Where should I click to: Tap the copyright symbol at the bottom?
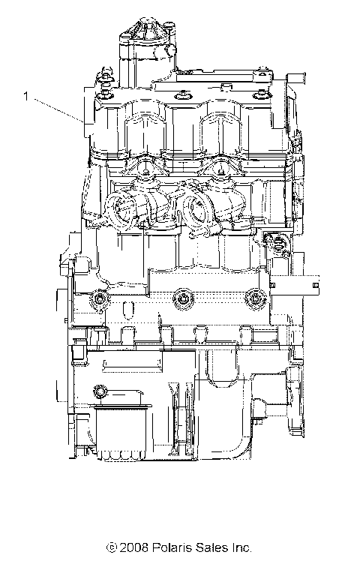pos(112,548)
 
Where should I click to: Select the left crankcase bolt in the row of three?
pos(99,300)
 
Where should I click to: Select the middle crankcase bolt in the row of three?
pos(180,300)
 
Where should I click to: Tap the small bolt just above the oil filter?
pos(98,391)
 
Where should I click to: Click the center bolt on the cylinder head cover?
pos(181,94)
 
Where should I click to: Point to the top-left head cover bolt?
pos(104,75)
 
